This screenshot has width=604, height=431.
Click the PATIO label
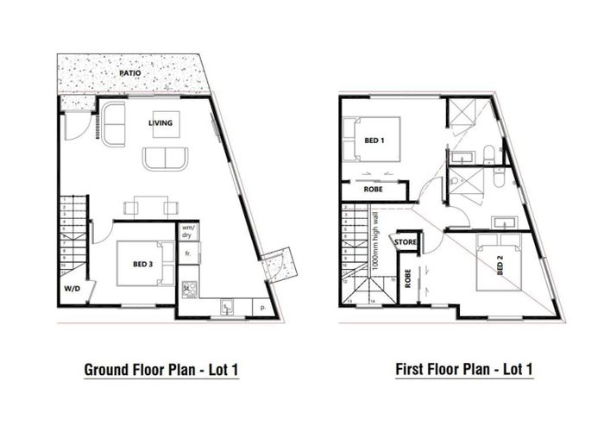(x=130, y=74)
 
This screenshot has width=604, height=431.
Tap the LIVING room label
(x=160, y=123)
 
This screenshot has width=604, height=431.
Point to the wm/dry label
(x=186, y=233)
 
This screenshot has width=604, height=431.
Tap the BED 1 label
(x=374, y=140)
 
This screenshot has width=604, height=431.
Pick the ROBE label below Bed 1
(x=374, y=188)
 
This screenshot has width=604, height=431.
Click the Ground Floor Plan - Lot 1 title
(x=160, y=371)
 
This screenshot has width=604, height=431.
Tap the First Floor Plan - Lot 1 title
(x=464, y=371)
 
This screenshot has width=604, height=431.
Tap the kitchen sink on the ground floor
(x=226, y=307)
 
